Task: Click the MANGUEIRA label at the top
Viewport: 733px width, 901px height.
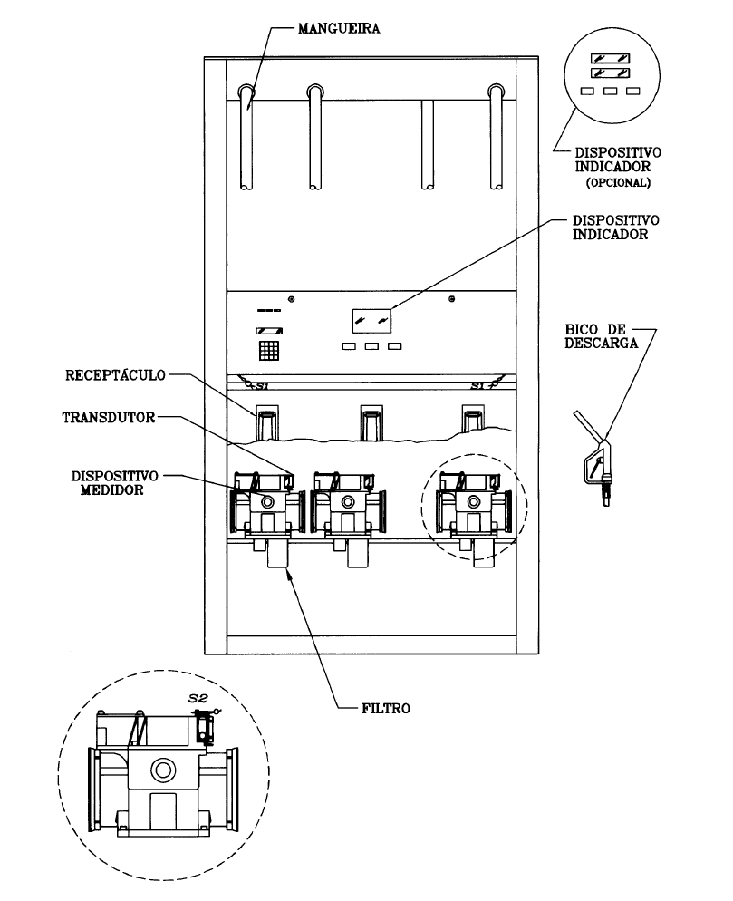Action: (x=338, y=28)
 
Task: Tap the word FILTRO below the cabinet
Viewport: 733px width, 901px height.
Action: (x=386, y=709)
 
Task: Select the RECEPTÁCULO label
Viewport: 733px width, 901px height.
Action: (x=115, y=375)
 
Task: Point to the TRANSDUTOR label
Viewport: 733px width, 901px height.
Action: (x=109, y=417)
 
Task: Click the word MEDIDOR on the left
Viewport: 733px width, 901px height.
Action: (x=112, y=490)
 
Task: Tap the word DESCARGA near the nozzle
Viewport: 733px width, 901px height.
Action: (x=602, y=343)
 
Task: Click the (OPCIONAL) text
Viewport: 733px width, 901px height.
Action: (x=618, y=183)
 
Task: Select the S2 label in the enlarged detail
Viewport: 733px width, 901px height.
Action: (x=198, y=698)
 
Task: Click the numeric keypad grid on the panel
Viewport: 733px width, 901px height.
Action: (x=269, y=350)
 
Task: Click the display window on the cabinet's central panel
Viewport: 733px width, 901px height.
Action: (x=371, y=321)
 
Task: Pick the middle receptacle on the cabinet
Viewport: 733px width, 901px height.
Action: (x=371, y=422)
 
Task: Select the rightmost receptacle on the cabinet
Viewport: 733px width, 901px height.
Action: (x=474, y=419)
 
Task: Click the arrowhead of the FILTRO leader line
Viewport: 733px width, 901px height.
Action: (x=288, y=574)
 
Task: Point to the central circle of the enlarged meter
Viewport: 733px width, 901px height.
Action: (x=162, y=769)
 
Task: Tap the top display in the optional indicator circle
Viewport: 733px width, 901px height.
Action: (x=610, y=59)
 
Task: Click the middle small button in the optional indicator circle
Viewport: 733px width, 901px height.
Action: (x=610, y=91)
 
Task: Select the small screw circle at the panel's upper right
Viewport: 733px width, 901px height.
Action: (x=452, y=299)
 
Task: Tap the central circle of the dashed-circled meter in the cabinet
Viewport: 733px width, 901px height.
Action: (x=473, y=501)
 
